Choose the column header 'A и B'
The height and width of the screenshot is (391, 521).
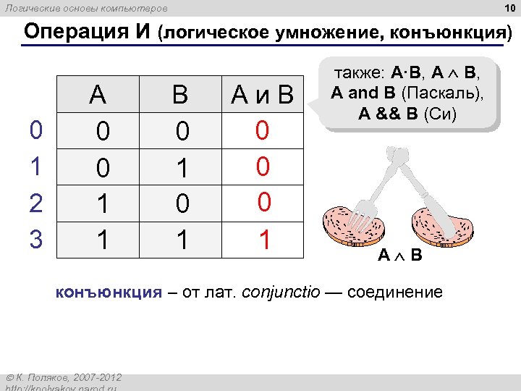[262, 95]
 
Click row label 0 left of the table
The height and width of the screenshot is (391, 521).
[35, 130]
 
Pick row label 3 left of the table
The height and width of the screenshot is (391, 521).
[35, 239]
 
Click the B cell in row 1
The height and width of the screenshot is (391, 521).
[182, 168]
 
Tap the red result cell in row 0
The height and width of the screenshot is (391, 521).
[263, 130]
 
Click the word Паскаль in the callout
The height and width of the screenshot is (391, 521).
[446, 93]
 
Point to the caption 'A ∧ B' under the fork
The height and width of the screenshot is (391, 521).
[400, 256]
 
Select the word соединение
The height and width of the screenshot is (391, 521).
[394, 293]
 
